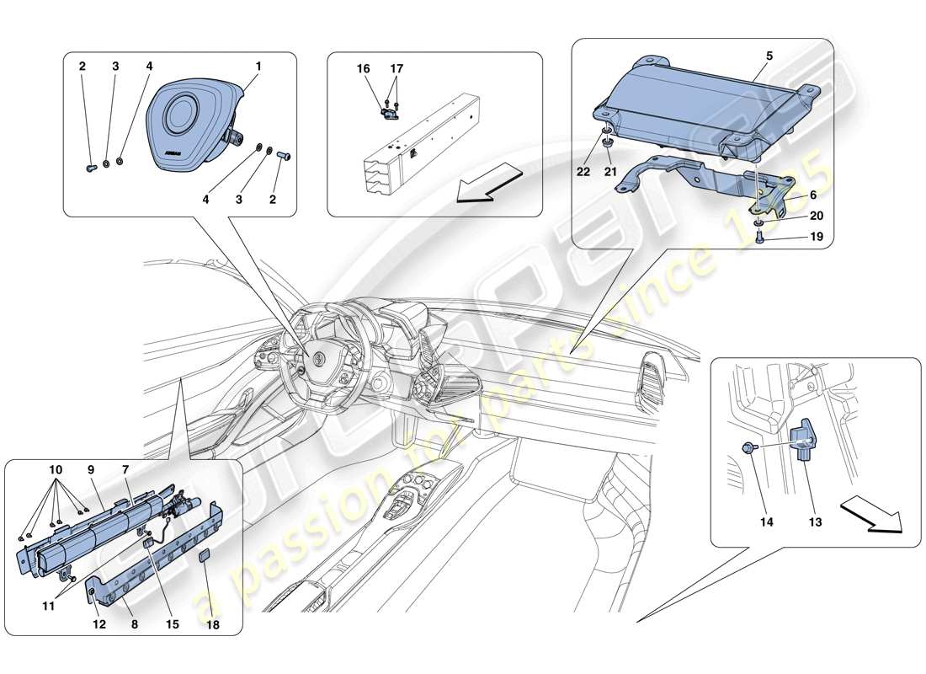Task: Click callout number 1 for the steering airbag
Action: (x=259, y=66)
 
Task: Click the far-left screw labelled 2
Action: (x=91, y=167)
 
